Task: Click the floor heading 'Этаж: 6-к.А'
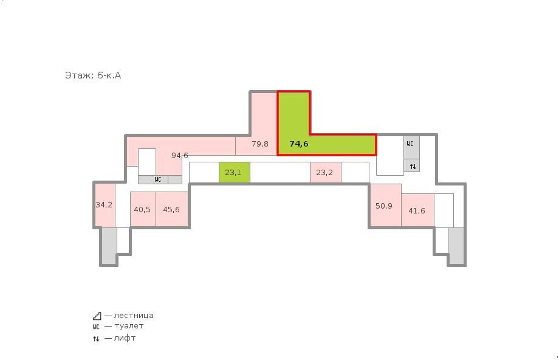93,75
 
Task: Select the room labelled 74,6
299,144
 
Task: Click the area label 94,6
180,155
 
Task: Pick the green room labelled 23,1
234,173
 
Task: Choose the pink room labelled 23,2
326,173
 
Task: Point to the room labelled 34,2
105,205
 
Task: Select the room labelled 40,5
143,209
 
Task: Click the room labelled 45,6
172,209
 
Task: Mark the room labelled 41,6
417,210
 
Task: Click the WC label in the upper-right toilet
410,144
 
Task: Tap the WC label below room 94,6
158,179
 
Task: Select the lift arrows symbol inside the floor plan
413,167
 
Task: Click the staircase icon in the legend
97,316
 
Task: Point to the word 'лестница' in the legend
134,316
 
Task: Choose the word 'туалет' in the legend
129,326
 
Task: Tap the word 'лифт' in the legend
125,338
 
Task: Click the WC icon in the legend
96,327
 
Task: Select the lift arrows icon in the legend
96,339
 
